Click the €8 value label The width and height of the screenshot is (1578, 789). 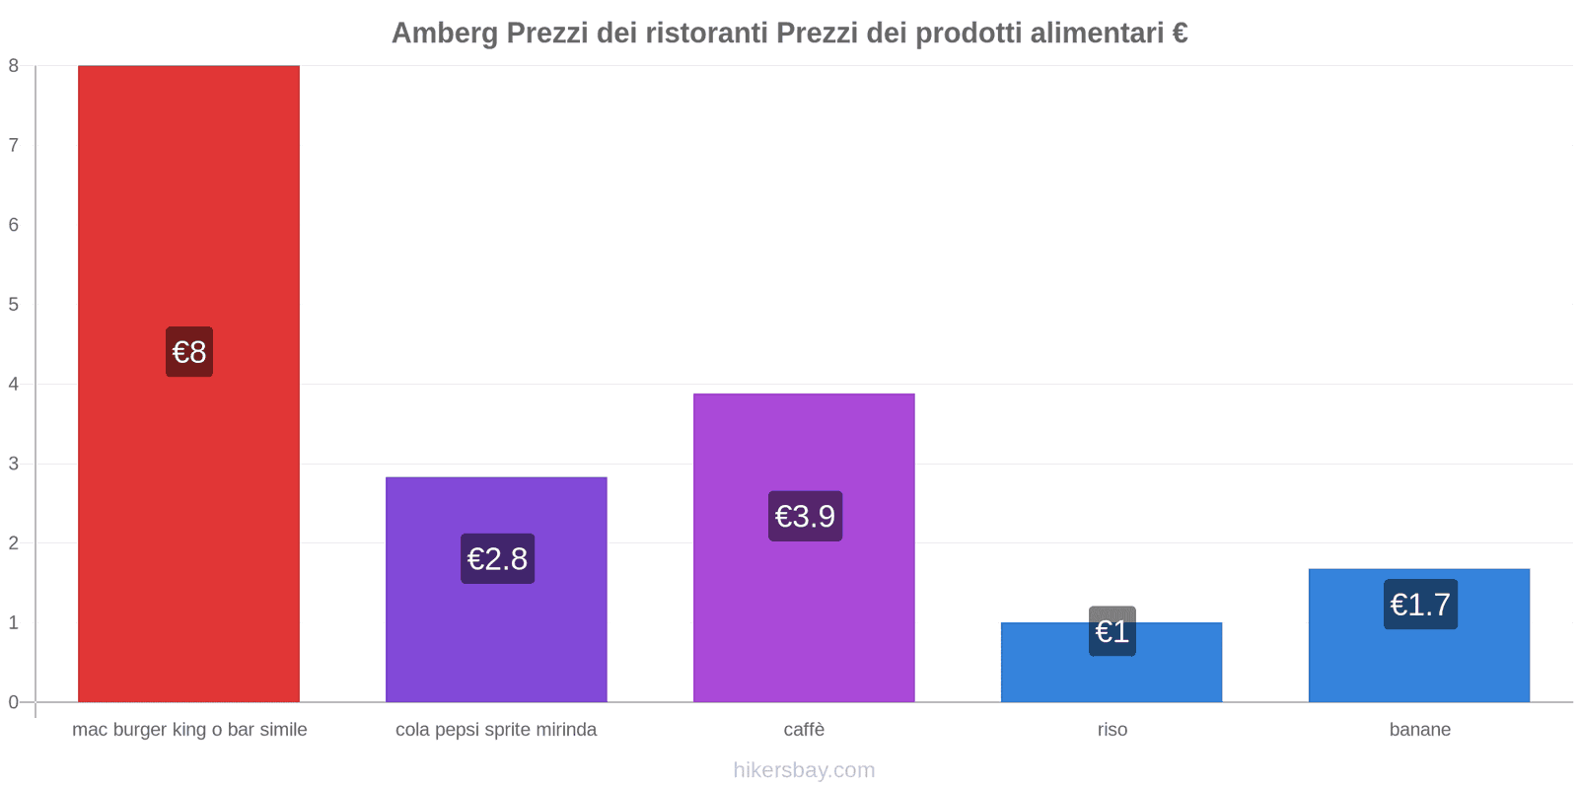189,352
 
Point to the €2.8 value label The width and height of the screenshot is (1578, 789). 497,559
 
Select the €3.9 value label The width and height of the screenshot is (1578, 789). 805,516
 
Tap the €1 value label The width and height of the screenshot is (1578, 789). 1112,631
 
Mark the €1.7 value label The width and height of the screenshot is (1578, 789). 1420,605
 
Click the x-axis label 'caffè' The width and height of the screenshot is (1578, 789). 804,730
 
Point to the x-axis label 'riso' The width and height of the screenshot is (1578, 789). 1112,730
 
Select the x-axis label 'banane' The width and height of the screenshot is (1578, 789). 1419,730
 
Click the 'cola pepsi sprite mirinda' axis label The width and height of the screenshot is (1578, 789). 496,730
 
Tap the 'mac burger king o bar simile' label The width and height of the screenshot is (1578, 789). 189,730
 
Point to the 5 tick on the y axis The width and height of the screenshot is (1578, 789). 14,305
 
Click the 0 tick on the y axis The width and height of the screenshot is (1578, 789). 14,702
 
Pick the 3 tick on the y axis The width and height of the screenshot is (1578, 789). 14,464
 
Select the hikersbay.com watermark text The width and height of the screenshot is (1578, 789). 804,770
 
